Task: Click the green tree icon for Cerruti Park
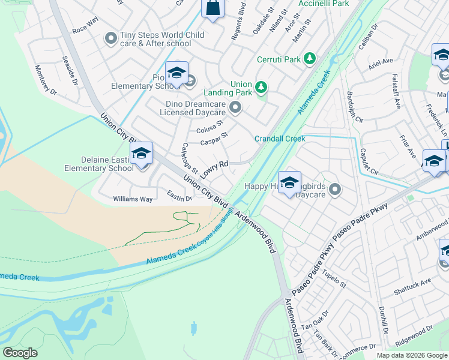point(310,58)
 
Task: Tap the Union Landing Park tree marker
point(261,88)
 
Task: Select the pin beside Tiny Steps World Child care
point(110,39)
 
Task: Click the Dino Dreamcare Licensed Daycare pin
point(235,108)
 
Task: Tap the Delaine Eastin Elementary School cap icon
point(141,154)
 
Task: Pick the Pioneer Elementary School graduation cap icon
point(176,73)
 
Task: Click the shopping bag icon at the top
point(212,8)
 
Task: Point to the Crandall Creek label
point(280,139)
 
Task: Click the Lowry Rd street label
point(214,168)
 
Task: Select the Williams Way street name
point(133,199)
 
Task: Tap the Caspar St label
point(214,139)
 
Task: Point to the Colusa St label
point(210,128)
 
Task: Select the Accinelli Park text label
point(324,4)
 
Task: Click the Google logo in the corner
point(20,353)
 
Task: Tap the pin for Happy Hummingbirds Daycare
point(335,190)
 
